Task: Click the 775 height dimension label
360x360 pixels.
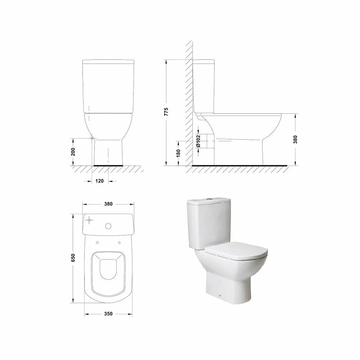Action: click(x=166, y=112)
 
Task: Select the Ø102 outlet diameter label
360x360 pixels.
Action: click(x=198, y=141)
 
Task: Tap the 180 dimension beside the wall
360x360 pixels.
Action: click(x=179, y=153)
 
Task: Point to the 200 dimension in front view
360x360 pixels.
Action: click(x=73, y=152)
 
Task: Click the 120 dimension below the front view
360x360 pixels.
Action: click(x=99, y=181)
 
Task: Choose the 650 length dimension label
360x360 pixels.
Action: click(x=73, y=258)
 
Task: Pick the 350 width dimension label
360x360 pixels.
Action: click(x=108, y=314)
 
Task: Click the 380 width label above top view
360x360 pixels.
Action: click(x=108, y=204)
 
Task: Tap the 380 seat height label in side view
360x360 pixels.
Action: click(x=295, y=139)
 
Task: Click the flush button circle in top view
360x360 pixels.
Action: click(x=108, y=226)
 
